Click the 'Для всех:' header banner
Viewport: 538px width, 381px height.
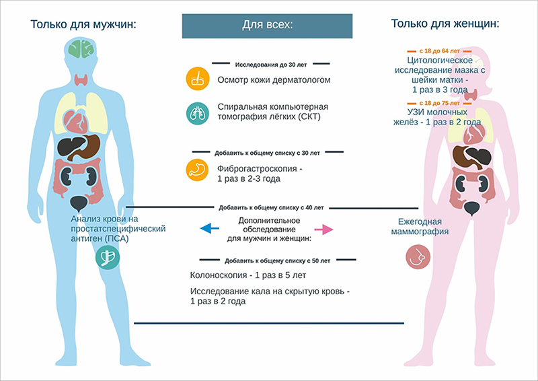268,26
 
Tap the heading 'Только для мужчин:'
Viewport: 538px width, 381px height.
83,25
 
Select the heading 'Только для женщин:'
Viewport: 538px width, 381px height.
445,24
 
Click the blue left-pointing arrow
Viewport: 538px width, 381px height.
210,230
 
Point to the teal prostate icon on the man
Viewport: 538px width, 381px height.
105,256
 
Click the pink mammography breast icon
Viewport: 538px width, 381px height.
418,256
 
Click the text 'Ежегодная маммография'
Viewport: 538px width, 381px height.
423,227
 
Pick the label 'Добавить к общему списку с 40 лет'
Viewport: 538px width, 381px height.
271,207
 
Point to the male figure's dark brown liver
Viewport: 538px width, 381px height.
71,146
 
